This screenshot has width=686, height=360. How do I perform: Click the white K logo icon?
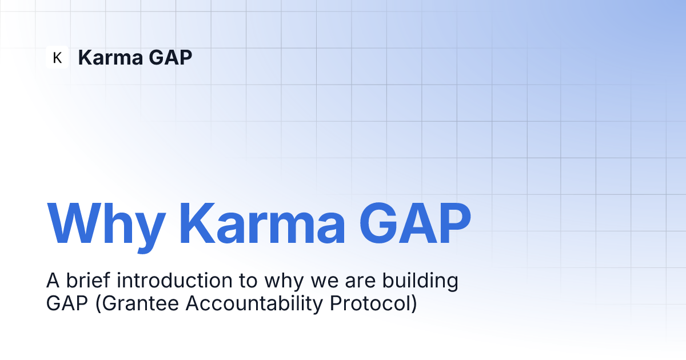coord(57,57)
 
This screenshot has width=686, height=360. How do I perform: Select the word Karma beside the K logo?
coord(110,57)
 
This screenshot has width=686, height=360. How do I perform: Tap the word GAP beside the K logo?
coord(170,57)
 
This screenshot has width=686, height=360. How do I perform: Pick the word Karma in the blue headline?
coord(262,223)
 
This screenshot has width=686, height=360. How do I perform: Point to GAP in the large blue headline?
coord(415,223)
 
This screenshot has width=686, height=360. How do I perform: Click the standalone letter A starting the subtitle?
coord(53,281)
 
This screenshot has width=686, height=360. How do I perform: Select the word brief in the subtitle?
coord(88,280)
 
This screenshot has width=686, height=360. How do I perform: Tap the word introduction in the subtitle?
coord(174,280)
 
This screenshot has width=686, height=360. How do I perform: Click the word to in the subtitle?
coord(248,281)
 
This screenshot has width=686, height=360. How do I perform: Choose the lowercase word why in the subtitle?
coord(284,282)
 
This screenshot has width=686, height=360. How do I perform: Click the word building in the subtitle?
coord(420,282)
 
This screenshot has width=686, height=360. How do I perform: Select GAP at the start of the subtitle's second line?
coord(67,303)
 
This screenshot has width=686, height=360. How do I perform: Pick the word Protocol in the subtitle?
coord(370,303)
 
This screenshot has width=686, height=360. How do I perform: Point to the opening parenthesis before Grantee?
coord(98,304)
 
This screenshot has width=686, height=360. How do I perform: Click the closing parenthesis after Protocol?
coord(414,304)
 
